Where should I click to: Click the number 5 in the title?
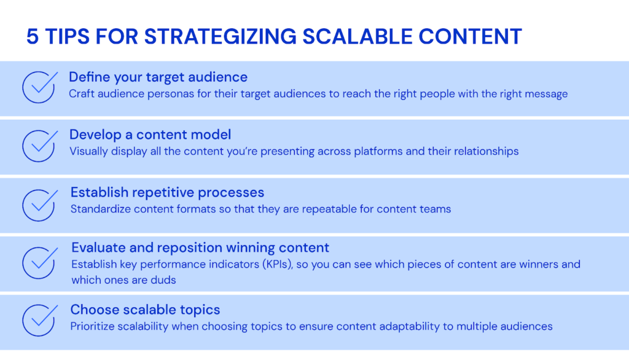pyautogui.click(x=33, y=36)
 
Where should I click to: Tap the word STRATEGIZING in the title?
pyautogui.click(x=221, y=36)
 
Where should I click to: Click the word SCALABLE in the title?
pyautogui.click(x=357, y=36)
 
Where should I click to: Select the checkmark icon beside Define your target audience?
pyautogui.click(x=40, y=87)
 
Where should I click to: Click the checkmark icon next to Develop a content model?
pyautogui.click(x=40, y=146)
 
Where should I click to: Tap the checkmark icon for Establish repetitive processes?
pyautogui.click(x=40, y=205)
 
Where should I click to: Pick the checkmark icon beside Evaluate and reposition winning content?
pyautogui.click(x=40, y=262)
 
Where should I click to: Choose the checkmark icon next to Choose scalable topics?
pyautogui.click(x=40, y=320)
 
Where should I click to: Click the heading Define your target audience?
pyautogui.click(x=158, y=77)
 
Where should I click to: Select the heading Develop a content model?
pyautogui.click(x=150, y=135)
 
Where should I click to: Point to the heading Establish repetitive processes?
pyautogui.click(x=167, y=193)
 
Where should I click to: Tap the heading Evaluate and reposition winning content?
pyautogui.click(x=200, y=248)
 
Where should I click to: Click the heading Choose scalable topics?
pyautogui.click(x=145, y=310)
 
